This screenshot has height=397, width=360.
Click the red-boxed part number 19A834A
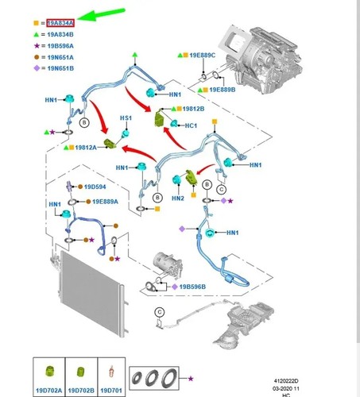point(60,23)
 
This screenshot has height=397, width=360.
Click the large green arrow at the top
point(101,14)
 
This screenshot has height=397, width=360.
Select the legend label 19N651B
point(60,68)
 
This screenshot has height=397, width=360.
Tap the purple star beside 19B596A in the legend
point(37,46)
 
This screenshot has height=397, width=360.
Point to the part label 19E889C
point(203,55)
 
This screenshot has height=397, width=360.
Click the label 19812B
point(193,109)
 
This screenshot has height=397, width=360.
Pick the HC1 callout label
point(191,125)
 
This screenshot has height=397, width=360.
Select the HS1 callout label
point(126,118)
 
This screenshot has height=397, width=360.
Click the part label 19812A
point(86,148)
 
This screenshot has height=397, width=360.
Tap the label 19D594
point(95,187)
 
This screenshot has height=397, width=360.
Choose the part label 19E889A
point(105,202)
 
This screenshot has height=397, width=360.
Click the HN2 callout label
point(178,198)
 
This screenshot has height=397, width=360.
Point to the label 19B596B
point(192,287)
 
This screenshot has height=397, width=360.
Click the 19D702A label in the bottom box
point(49,391)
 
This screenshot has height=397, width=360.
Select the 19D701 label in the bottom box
point(111,391)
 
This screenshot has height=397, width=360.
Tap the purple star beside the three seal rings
point(191,379)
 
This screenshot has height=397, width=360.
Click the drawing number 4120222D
point(286,381)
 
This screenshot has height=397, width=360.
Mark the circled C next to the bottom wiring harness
point(160,312)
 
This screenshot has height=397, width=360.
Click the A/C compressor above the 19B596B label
point(168,264)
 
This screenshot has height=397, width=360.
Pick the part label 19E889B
point(223,90)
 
